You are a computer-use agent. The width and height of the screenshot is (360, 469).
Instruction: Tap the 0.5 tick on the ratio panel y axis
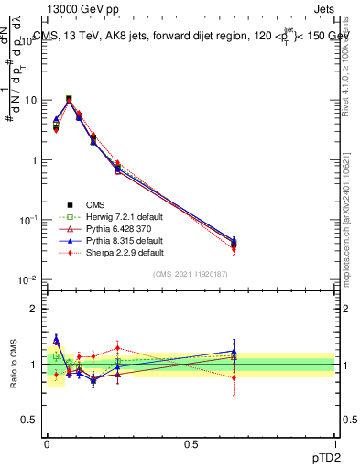(x=30, y=420)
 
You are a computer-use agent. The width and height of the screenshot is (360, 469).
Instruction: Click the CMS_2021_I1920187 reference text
(x=191, y=274)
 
